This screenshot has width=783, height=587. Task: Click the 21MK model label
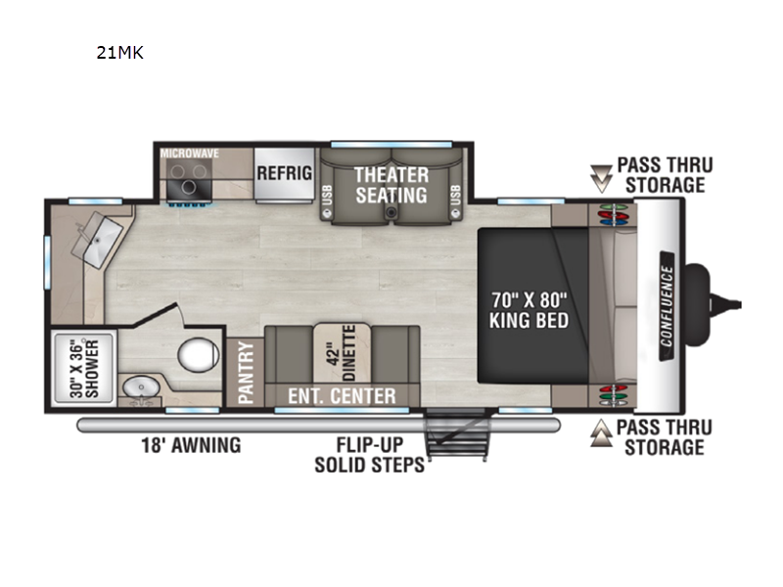point(119,53)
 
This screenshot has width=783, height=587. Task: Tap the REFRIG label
point(284,173)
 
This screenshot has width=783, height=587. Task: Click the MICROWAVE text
point(189,154)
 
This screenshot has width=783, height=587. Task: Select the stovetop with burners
point(189,180)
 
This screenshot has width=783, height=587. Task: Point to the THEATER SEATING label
point(391,185)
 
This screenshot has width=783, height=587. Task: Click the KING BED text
point(529,320)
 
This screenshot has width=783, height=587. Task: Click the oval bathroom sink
point(141,385)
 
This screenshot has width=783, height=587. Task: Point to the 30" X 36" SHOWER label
point(84,369)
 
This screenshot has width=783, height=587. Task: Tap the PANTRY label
point(246,372)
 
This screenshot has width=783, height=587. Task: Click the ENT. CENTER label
point(342,396)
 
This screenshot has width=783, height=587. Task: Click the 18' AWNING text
point(191,445)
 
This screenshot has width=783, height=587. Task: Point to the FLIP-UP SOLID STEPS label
point(370,455)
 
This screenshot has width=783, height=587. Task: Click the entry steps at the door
point(456,435)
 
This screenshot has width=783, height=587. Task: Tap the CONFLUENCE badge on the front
point(667,306)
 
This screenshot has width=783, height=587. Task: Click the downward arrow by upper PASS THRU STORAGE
point(601,179)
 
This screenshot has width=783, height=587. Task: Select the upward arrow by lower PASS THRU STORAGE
point(601,432)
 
